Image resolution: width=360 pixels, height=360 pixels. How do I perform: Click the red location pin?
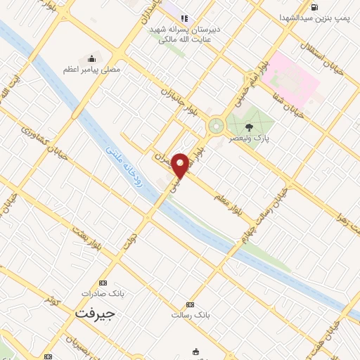pyautogui.click(x=181, y=165)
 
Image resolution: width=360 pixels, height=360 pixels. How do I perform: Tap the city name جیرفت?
pyautogui.click(x=94, y=314)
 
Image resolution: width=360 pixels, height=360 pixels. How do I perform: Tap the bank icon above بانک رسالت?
pyautogui.click(x=190, y=304)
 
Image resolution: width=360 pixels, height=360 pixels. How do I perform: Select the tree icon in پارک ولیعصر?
pyautogui.click(x=250, y=127)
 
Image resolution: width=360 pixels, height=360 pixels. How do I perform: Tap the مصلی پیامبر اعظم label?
pyautogui.click(x=85, y=69)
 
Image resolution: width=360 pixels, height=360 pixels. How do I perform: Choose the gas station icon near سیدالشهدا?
pyautogui.click(x=313, y=8)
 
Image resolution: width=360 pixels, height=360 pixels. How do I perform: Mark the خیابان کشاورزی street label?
pyautogui.click(x=44, y=145)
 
